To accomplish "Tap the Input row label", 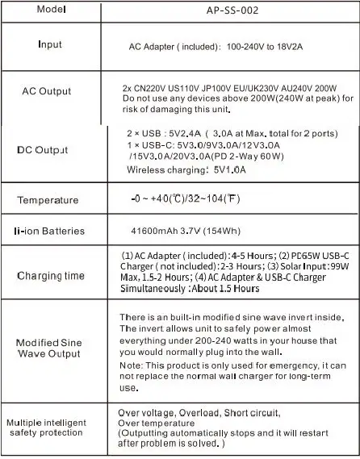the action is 49,44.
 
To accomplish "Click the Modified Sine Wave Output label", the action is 48,348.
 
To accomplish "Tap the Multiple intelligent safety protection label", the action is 48,428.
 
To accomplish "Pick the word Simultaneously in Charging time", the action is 152,288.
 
